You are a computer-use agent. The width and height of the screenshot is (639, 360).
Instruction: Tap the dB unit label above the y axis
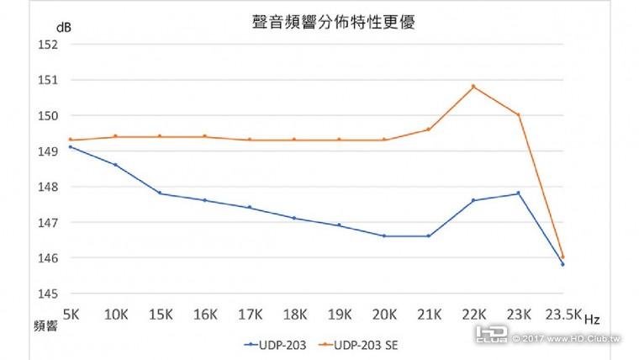tap(64, 27)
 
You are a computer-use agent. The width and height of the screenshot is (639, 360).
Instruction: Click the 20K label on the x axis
tap(384, 314)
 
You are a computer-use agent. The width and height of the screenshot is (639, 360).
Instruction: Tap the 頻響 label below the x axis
tap(45, 326)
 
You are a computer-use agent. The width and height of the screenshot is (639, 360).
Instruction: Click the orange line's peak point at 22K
tap(473, 86)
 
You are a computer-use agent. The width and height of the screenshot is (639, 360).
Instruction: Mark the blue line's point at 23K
tap(518, 193)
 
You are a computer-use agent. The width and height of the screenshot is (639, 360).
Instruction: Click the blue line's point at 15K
tap(160, 193)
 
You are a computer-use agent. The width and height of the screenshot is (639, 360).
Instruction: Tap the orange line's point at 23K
tap(518, 114)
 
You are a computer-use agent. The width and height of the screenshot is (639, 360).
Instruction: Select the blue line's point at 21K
tap(429, 236)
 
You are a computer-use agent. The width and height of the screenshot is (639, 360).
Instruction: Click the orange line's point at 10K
tap(115, 136)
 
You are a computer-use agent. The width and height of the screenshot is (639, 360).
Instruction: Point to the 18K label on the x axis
tap(294, 314)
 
